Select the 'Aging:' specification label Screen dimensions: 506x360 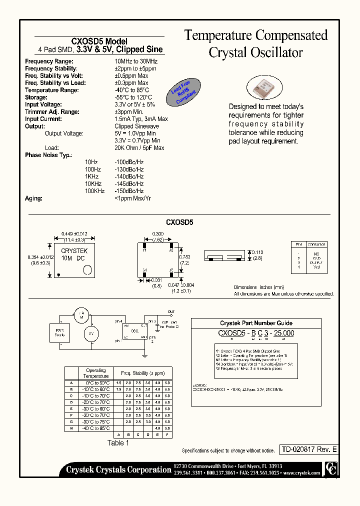coord(33,198)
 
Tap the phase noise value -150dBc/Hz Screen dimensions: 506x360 coord(129,191)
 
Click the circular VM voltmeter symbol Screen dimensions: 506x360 coord(91,333)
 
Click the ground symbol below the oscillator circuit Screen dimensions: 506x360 coord(144,355)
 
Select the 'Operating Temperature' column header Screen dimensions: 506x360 coord(96,373)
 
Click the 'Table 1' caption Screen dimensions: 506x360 coord(118,442)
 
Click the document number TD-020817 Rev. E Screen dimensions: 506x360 coord(308,449)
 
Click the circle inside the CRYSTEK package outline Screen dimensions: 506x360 coord(87,270)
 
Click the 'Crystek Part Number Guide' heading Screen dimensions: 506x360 coord(256,323)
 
